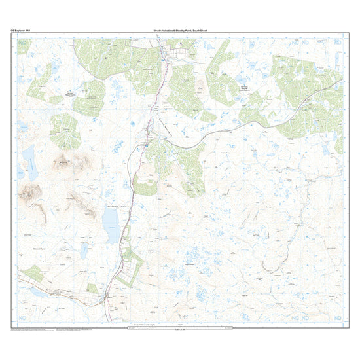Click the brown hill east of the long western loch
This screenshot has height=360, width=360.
65,160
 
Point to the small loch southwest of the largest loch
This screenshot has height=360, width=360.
83,251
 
